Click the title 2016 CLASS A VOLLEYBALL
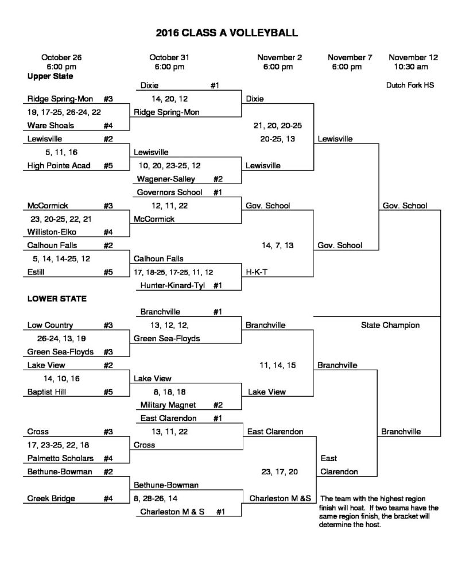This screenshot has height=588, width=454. [x=227, y=33]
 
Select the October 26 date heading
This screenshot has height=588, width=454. [x=61, y=57]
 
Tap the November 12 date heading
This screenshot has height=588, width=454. [x=413, y=57]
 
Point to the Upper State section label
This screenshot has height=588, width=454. [x=51, y=76]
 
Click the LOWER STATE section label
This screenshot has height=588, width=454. [x=57, y=299]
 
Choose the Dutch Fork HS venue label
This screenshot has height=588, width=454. [x=410, y=85]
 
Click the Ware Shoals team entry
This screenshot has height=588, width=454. [x=51, y=125]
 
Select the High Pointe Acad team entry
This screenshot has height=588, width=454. [x=59, y=165]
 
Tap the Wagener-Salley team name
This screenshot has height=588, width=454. [x=166, y=179]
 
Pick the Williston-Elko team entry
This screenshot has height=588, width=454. [x=52, y=232]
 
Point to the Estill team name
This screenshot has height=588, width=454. [x=36, y=272]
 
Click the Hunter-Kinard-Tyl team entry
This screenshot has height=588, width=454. [x=172, y=285]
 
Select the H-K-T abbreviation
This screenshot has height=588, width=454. [x=257, y=272]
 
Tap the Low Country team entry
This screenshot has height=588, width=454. [x=51, y=325]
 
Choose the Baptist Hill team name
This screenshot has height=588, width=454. [x=46, y=392]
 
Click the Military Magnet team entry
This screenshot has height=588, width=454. [x=168, y=405]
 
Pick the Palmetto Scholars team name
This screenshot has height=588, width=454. [x=60, y=458]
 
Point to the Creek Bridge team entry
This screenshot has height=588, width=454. [x=51, y=498]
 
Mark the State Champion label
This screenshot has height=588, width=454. [x=390, y=325]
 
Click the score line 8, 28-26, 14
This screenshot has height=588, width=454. [x=156, y=498]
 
